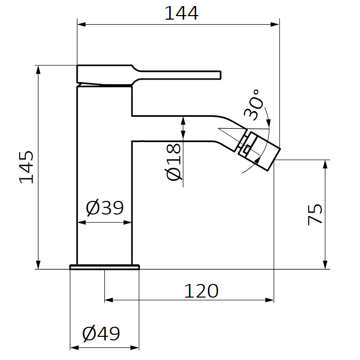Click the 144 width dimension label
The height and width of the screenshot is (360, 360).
pyautogui.click(x=181, y=13)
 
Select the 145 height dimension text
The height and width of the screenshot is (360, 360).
pyautogui.click(x=27, y=167)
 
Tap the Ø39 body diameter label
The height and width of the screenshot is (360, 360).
pyautogui.click(x=104, y=207)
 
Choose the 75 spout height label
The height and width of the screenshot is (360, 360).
pyautogui.click(x=315, y=214)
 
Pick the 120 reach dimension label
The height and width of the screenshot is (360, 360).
pyautogui.click(x=201, y=291)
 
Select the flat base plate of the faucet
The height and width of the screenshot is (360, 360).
pyautogui.click(x=104, y=267)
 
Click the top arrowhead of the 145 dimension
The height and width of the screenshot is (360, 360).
pyautogui.click(x=38, y=69)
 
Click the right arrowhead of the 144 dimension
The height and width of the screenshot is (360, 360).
pyautogui.click(x=275, y=24)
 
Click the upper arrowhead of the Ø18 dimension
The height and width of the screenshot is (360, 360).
pyautogui.click(x=183, y=120)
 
